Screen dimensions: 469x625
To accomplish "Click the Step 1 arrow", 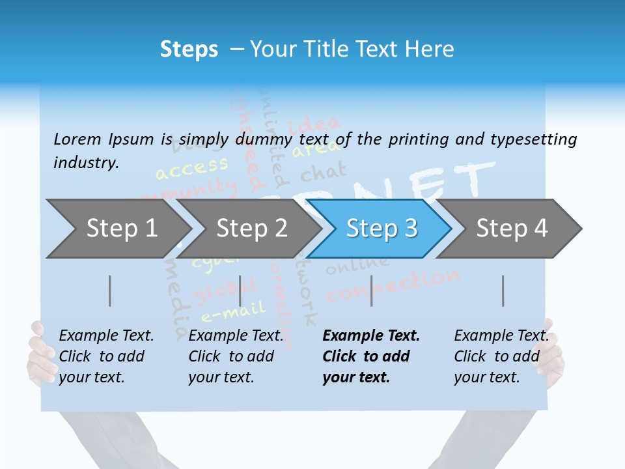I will click(120, 229).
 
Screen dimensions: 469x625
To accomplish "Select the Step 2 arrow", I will click(251, 229).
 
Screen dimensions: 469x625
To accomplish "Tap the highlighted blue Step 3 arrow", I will click(381, 229).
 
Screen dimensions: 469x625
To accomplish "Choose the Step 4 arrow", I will click(511, 229).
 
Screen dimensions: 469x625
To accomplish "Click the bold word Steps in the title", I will click(189, 50).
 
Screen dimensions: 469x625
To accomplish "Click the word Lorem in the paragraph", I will click(77, 139).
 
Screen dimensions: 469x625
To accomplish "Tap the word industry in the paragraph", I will click(85, 162).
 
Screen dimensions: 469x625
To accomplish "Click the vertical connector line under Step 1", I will click(110, 291).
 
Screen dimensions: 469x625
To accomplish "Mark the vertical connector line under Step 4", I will click(503, 291).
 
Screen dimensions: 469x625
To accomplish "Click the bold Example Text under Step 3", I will click(371, 336).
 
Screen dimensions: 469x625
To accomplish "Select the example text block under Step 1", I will click(105, 356).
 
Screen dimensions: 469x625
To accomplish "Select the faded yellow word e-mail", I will click(233, 312).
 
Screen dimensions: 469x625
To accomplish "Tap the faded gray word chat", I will click(323, 173).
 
